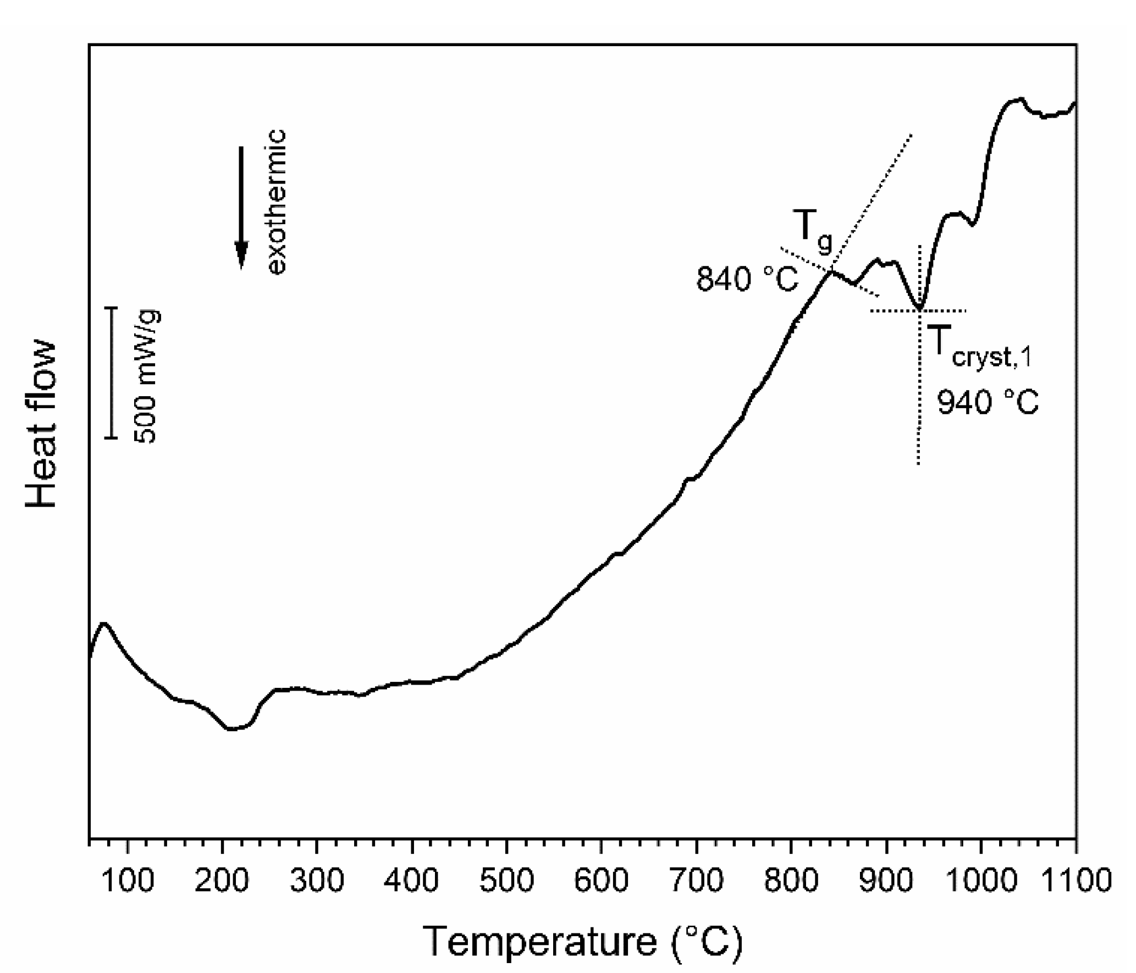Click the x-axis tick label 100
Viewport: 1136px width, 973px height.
coord(128,880)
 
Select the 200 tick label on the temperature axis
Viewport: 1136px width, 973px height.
coord(222,880)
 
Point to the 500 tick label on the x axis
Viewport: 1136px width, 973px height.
coord(506,880)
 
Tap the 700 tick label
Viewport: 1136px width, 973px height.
coord(696,880)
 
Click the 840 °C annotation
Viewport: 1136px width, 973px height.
coord(747,279)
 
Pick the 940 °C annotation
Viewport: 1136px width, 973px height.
coord(988,403)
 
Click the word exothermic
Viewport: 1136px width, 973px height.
coord(276,202)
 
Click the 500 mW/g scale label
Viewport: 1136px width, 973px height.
coord(147,376)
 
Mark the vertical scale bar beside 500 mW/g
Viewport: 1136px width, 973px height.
coord(112,372)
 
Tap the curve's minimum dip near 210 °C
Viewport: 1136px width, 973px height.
coord(231,729)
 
